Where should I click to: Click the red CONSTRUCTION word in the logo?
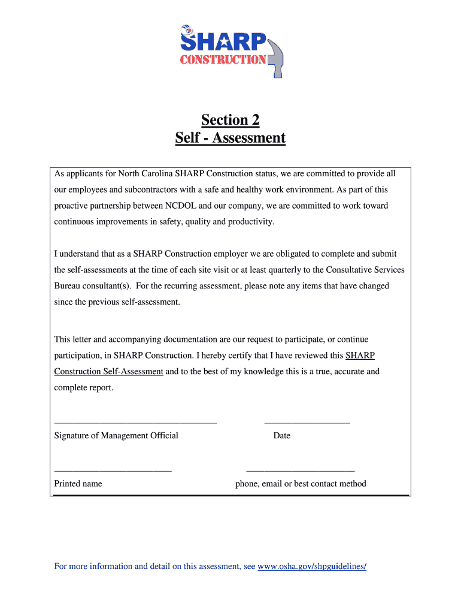[223, 59]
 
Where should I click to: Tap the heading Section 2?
[230, 120]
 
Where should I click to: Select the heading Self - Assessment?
[230, 139]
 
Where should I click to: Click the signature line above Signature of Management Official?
[135, 423]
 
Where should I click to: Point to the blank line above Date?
[307, 423]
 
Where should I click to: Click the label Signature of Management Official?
[116, 435]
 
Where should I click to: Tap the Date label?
[281, 435]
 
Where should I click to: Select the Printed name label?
[78, 483]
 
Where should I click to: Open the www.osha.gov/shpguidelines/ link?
[311, 566]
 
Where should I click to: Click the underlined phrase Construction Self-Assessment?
[108, 372]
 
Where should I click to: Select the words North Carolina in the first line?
[145, 174]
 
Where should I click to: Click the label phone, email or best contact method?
[301, 483]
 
